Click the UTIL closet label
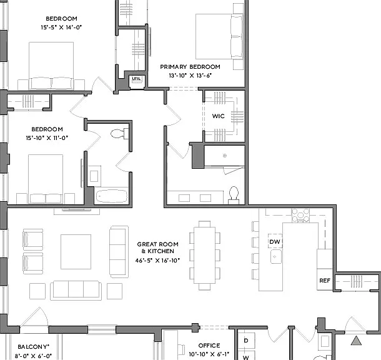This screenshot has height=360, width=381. click(136, 79)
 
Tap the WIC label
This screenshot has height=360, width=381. click(218, 116)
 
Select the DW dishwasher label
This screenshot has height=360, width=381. click(275, 242)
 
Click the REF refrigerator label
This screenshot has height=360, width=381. click(325, 281)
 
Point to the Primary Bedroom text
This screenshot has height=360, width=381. click(190, 67)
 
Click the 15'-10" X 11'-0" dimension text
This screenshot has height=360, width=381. click(47, 138)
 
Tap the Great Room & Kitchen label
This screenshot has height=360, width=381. click(157, 247)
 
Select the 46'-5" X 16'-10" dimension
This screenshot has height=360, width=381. click(157, 261)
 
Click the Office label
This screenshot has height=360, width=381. click(209, 346)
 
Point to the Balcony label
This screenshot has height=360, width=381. click(34, 347)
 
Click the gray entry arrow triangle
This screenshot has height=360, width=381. click(356, 341)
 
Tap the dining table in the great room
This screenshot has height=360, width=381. click(205, 255)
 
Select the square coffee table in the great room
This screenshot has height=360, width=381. click(76, 252)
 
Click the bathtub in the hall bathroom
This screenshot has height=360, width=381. click(112, 196)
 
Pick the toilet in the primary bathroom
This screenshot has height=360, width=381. click(234, 195)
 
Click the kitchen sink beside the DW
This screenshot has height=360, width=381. click(276, 256)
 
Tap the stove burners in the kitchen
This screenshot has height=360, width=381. click(300, 216)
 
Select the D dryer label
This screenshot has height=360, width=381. click(246, 341)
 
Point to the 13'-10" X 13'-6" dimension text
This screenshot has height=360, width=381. click(190, 76)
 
